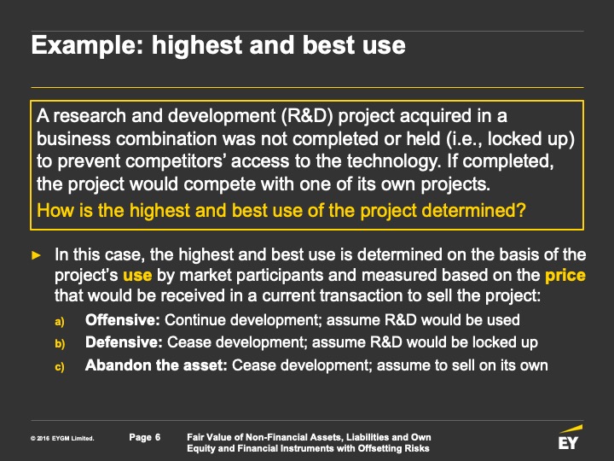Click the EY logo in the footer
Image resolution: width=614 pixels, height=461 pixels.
570,437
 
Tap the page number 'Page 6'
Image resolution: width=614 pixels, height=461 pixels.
145,437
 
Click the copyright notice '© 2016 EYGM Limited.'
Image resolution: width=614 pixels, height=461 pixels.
62,438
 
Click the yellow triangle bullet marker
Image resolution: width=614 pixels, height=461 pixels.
36,255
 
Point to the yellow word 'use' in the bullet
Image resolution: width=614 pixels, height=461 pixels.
137,275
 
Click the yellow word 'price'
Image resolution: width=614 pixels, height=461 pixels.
565,276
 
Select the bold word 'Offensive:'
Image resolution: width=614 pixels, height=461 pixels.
123,320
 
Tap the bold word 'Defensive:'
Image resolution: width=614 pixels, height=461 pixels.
124,342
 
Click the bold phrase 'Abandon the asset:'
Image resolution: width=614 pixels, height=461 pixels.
156,365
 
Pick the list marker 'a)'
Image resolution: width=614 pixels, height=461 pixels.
60,322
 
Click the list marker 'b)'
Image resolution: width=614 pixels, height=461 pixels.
60,344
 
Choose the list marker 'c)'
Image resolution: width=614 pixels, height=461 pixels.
60,367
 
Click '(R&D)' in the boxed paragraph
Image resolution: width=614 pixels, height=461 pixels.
307,116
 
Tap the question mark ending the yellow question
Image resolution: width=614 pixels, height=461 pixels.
520,210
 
